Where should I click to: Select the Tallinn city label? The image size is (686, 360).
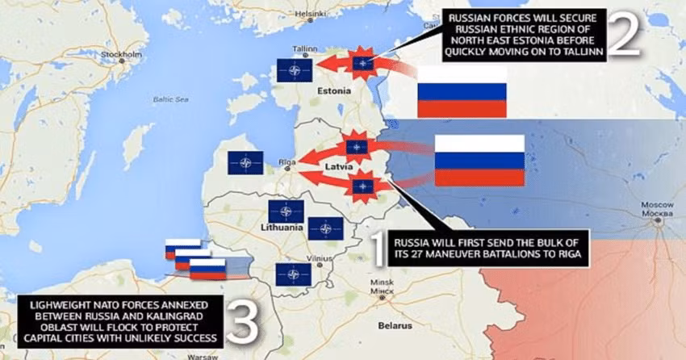click(303, 48)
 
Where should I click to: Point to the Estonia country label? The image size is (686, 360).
click(335, 91)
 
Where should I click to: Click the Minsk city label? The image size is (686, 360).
click(380, 283)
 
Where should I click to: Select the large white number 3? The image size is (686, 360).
click(243, 323)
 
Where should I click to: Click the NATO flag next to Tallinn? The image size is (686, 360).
click(294, 70)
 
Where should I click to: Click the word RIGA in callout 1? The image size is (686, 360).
click(567, 253)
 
